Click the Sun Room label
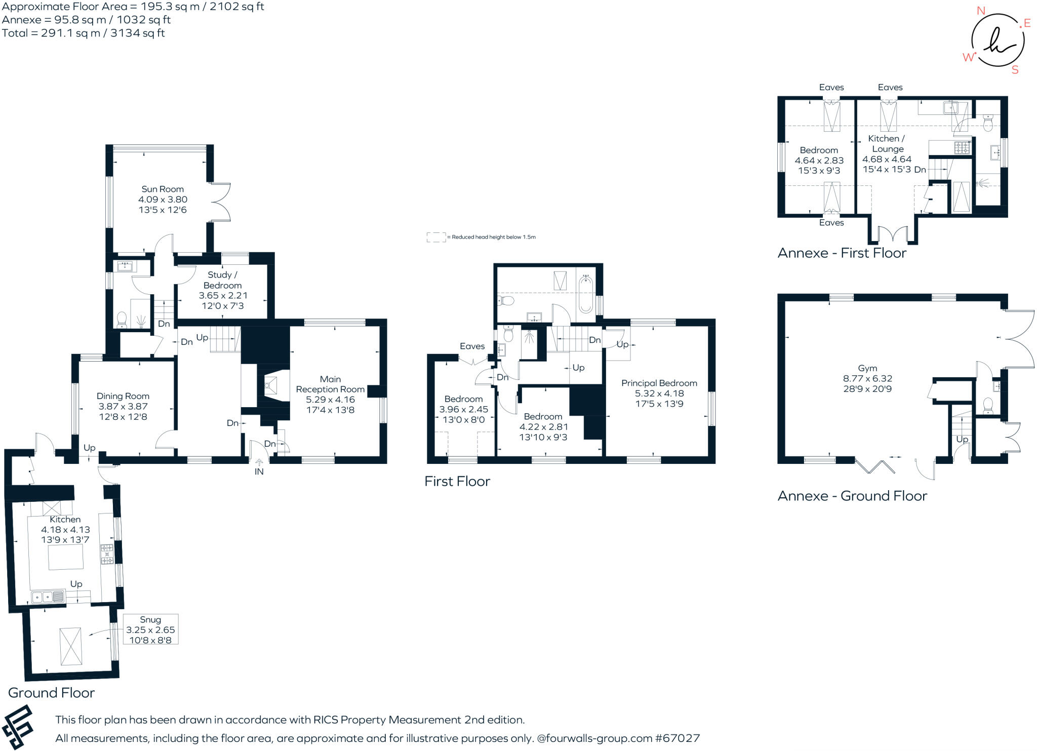(x=163, y=189)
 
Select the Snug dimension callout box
(x=150, y=629)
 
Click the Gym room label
(x=867, y=368)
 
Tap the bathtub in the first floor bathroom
(x=586, y=294)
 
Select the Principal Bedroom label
(x=659, y=383)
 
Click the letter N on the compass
(x=981, y=11)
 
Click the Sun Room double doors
(x=221, y=202)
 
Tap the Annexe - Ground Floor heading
(x=852, y=496)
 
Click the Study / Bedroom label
(x=222, y=280)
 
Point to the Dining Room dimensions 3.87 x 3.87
(x=123, y=406)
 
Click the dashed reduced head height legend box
(x=435, y=237)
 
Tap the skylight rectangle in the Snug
(x=71, y=646)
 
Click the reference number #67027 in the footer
(x=678, y=738)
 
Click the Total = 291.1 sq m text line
(x=84, y=33)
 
